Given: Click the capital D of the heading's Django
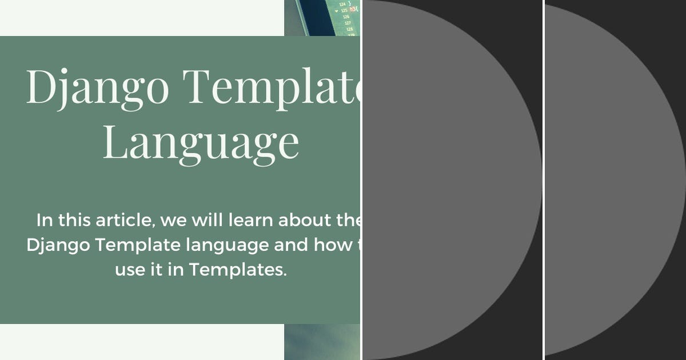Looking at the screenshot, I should [39, 87].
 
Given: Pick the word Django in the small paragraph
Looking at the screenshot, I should [57, 245].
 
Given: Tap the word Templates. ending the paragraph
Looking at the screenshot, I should [237, 270].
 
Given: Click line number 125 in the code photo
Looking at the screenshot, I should [344, 10].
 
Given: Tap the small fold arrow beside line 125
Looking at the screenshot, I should [336, 10].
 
